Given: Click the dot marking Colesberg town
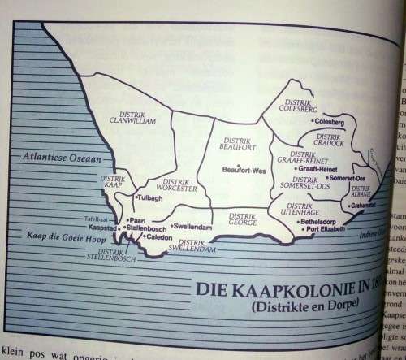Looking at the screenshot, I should coord(304,123).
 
